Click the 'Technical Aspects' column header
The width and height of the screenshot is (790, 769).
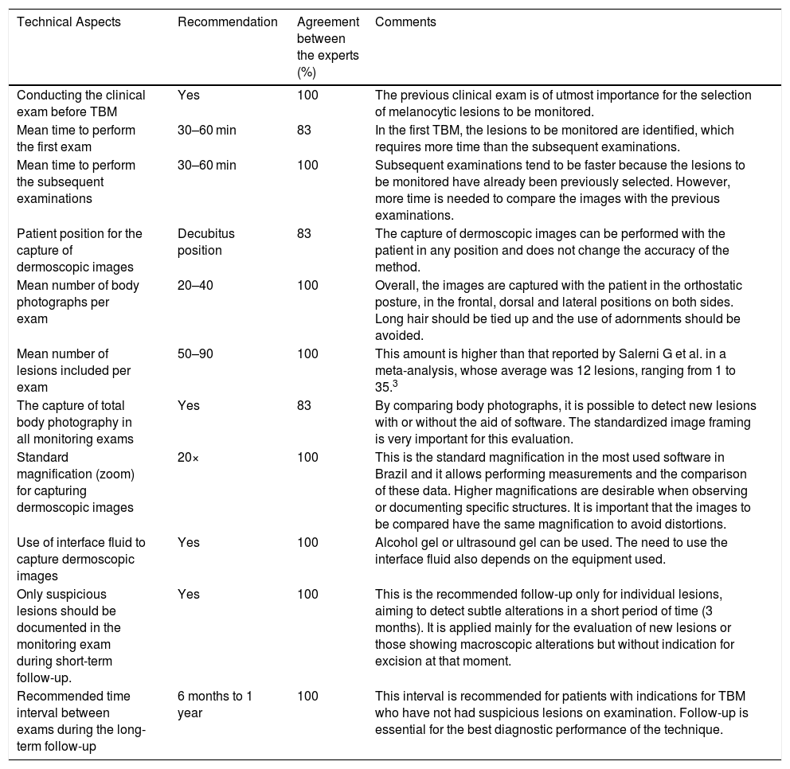69,22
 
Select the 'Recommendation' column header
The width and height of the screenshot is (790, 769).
228,22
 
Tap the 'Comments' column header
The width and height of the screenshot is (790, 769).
405,22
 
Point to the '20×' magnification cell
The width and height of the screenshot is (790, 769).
188,457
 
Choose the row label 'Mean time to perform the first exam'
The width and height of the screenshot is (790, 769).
76,137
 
